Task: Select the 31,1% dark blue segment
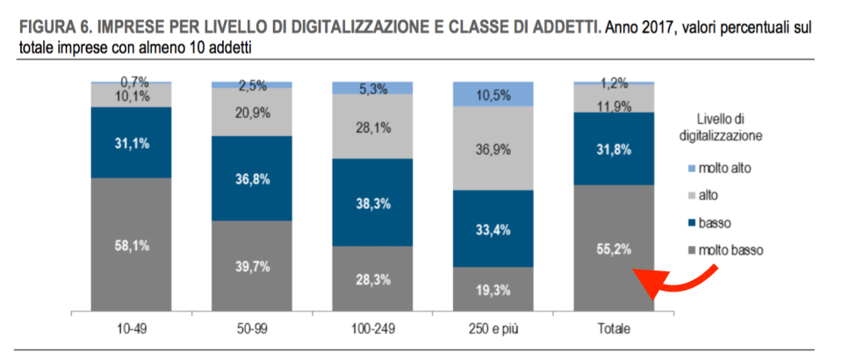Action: point(131,142)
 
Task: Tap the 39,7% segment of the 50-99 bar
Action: point(251,266)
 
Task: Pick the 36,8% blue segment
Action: point(251,179)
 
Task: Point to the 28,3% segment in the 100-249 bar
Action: point(371,278)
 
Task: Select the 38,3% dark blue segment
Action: point(371,202)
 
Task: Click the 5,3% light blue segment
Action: point(371,88)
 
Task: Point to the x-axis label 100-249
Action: point(371,328)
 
